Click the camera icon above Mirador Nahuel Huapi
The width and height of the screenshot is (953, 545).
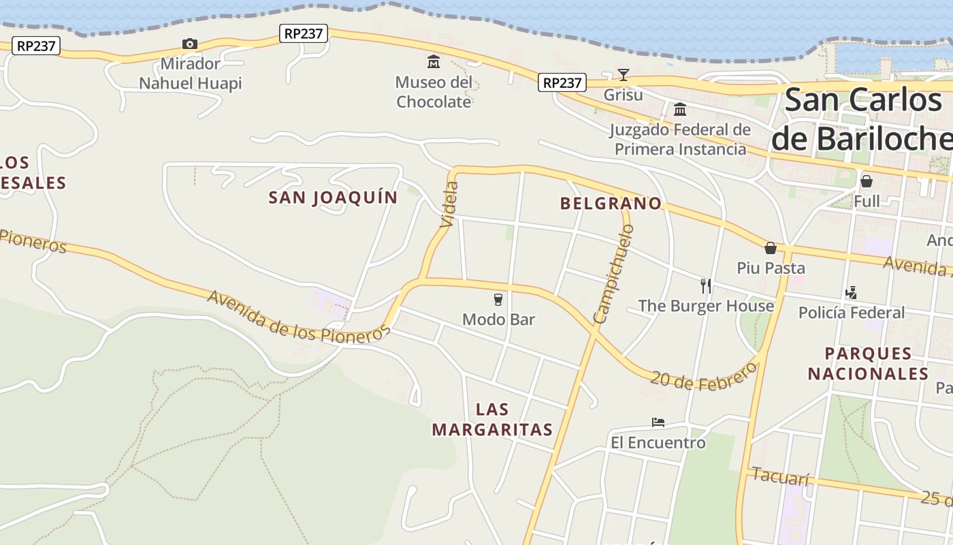189,44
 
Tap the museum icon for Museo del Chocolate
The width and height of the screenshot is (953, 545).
434,63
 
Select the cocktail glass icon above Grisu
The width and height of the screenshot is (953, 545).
623,74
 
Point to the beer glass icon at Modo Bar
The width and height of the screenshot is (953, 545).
498,299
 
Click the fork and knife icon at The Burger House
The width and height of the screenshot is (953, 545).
706,285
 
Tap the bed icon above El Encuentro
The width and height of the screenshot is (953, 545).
658,422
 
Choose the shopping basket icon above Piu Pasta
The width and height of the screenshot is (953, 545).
771,248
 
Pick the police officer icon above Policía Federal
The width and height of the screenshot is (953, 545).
850,293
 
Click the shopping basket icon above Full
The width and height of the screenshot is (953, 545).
867,181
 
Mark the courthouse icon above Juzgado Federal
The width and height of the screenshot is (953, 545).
679,110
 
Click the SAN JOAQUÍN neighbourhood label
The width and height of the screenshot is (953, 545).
333,198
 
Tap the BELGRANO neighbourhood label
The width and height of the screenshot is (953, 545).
611,203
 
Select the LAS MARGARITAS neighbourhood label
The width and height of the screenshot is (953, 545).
492,420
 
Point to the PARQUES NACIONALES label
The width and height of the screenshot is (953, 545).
868,364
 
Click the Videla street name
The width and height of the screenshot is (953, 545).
449,204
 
